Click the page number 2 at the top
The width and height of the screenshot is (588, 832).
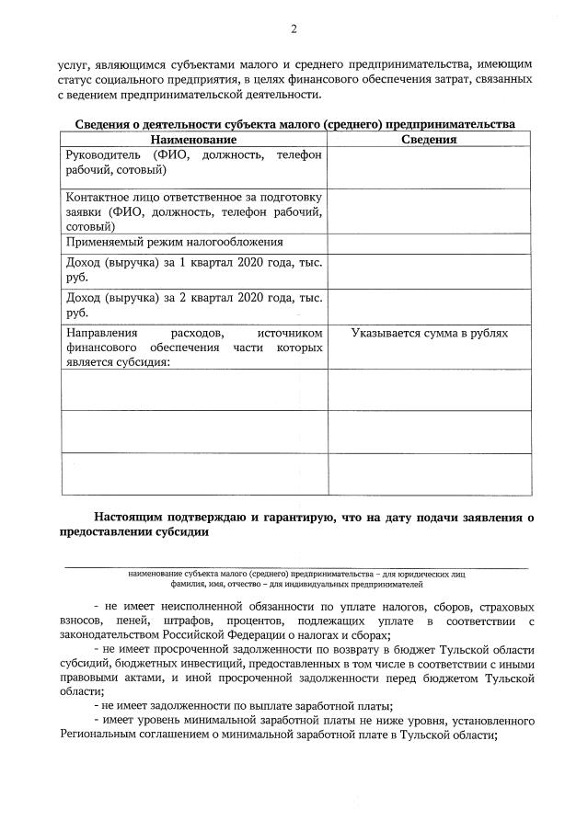point(294,29)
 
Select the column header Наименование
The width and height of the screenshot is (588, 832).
point(194,139)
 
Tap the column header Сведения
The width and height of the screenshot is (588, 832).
point(430,139)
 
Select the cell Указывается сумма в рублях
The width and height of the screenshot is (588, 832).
point(430,333)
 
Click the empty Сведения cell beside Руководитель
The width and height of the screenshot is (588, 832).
point(430,165)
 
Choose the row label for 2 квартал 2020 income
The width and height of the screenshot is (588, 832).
point(193,304)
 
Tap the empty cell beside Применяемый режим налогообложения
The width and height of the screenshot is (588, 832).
point(430,243)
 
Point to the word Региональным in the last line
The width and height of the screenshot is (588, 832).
point(103,746)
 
